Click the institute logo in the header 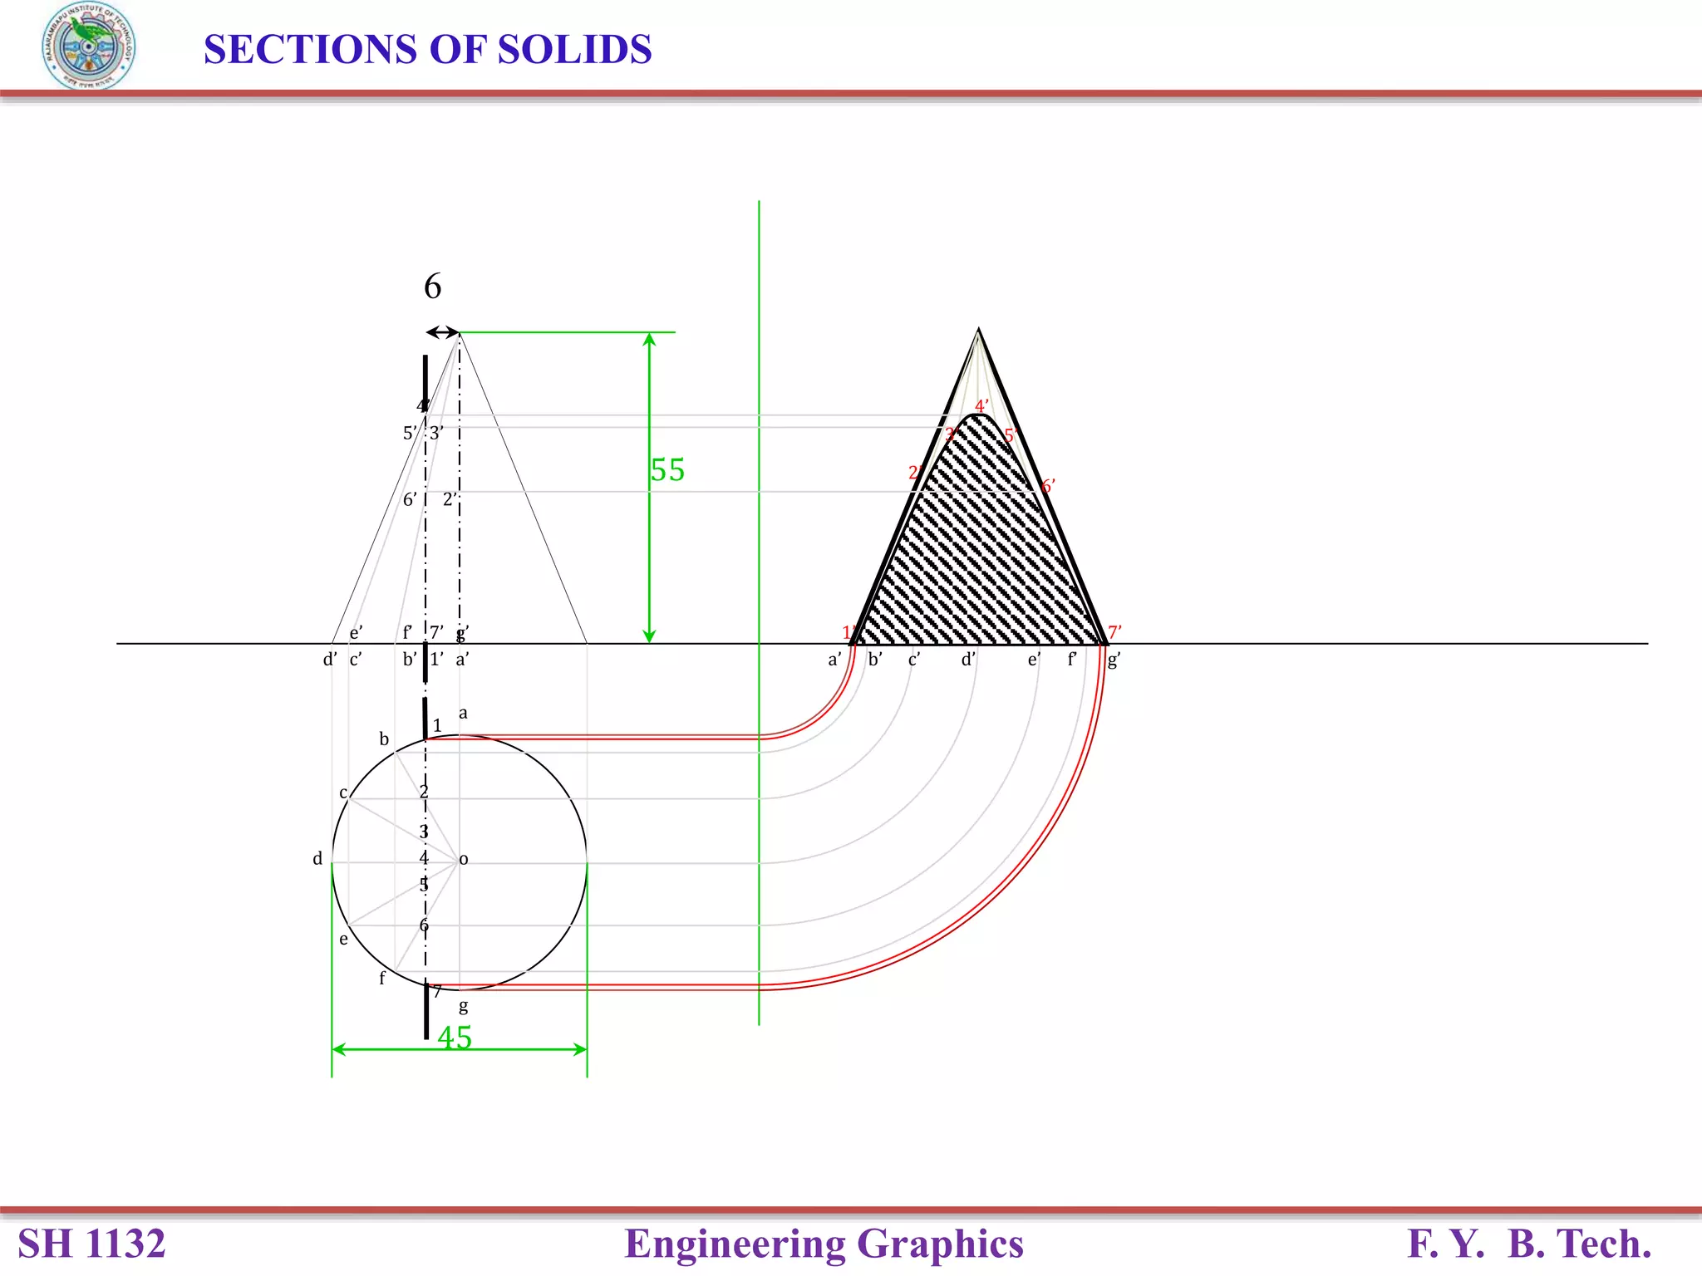88,46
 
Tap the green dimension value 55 667,470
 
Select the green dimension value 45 455,1038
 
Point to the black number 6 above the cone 432,287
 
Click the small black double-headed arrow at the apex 443,332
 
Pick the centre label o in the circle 464,860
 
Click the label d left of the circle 317,859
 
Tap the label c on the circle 343,793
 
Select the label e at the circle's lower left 343,940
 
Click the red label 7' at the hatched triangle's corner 1114,632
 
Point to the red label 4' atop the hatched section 981,406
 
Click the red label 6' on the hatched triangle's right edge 1048,486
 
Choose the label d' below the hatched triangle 968,660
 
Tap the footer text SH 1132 91,1244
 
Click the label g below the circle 464,1007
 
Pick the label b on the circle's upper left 384,739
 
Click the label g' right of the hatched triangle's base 1114,660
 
